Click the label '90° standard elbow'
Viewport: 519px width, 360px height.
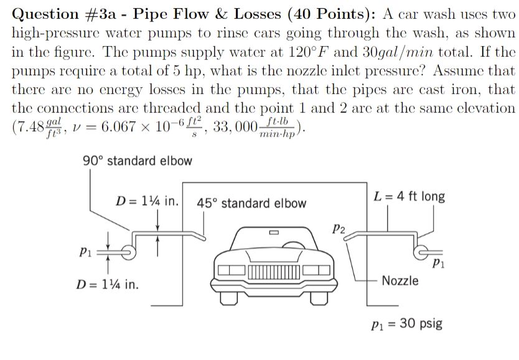point(138,160)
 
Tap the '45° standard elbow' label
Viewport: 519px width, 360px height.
point(251,203)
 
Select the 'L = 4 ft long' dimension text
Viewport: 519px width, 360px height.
point(409,196)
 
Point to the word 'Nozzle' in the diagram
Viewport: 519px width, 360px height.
point(400,280)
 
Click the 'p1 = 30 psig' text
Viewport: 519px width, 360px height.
point(406,324)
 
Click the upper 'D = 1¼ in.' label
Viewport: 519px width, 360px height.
point(148,201)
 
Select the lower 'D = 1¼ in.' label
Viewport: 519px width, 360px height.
point(107,285)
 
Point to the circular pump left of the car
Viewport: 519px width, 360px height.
point(127,252)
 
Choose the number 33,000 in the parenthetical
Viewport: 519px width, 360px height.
point(233,127)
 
